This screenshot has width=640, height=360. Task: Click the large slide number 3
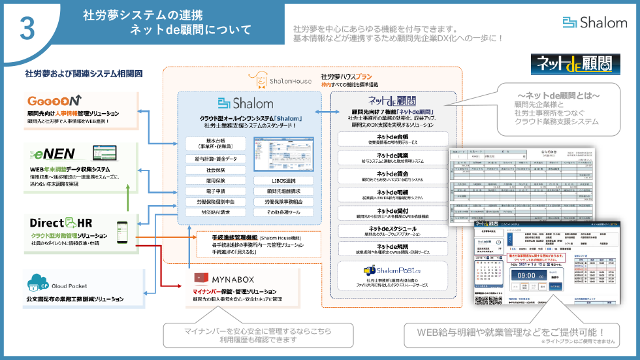tap(27, 27)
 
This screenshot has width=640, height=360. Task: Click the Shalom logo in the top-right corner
tap(594, 23)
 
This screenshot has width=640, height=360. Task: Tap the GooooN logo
tap(55, 101)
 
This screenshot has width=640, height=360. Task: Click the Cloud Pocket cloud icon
tap(37, 282)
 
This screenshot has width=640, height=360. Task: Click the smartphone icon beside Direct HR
tap(121, 228)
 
